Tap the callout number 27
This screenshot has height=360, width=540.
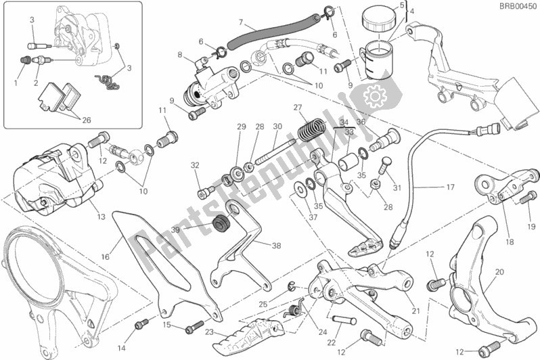(x=296, y=108)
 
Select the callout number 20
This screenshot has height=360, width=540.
(x=499, y=272)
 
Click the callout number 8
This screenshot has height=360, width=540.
(x=179, y=55)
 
